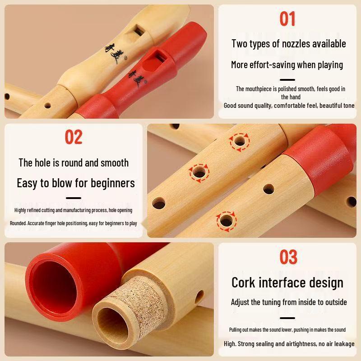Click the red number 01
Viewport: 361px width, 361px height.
point(287,19)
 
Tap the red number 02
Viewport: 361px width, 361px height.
point(74,137)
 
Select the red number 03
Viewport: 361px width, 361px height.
point(288,257)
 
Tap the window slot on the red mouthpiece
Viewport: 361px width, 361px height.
point(157,57)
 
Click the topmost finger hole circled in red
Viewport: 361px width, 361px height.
point(240,142)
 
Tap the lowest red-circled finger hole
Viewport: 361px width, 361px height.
point(226,221)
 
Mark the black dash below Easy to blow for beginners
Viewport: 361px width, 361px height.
point(74,198)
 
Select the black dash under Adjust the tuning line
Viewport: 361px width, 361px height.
point(287,318)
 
